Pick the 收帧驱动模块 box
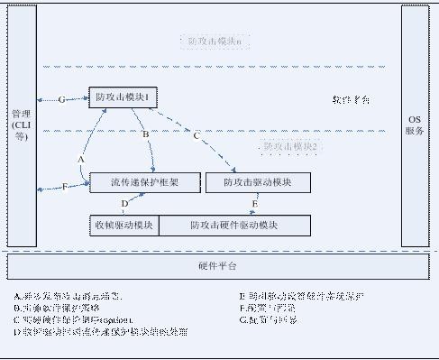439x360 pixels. click(123, 224)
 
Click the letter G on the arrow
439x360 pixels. click(61, 99)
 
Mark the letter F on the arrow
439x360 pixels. click(65, 187)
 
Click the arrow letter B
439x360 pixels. click(146, 134)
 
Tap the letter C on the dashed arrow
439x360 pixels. click(197, 135)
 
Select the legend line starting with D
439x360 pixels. click(101, 331)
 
